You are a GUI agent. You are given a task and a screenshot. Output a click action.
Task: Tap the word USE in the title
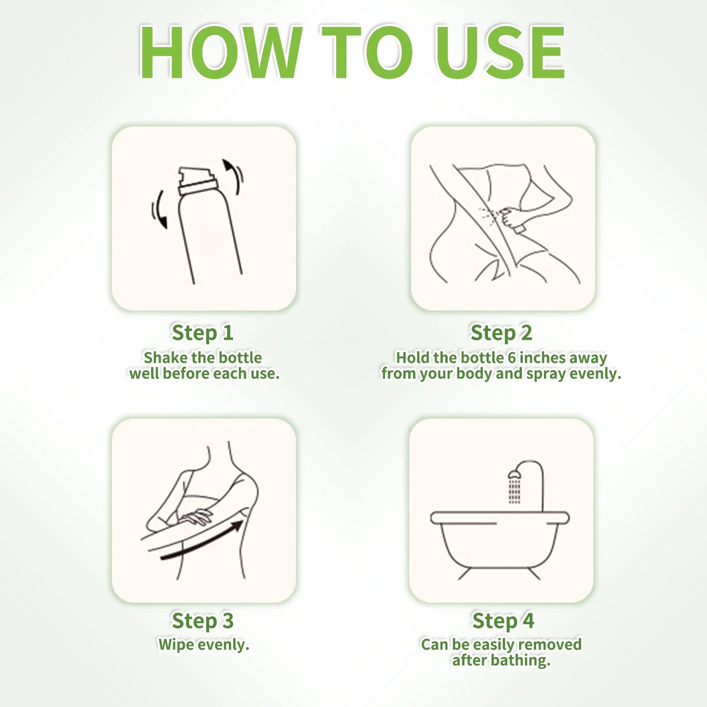pyautogui.click(x=500, y=52)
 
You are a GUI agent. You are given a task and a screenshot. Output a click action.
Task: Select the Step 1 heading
pyautogui.click(x=203, y=333)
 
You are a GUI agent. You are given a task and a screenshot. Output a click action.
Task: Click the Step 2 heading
pyautogui.click(x=501, y=333)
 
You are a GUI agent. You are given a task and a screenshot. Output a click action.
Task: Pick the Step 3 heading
pyautogui.click(x=203, y=620)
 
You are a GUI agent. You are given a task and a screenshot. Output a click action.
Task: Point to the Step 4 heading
pyautogui.click(x=503, y=620)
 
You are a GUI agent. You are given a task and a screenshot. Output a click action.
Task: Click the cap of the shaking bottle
pyautogui.click(x=196, y=181)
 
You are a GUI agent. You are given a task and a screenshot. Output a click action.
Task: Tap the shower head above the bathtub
pyautogui.click(x=514, y=474)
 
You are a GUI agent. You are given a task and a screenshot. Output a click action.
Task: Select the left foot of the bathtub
pyautogui.click(x=464, y=574)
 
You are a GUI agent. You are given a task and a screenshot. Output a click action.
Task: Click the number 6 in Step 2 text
pyautogui.click(x=512, y=358)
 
